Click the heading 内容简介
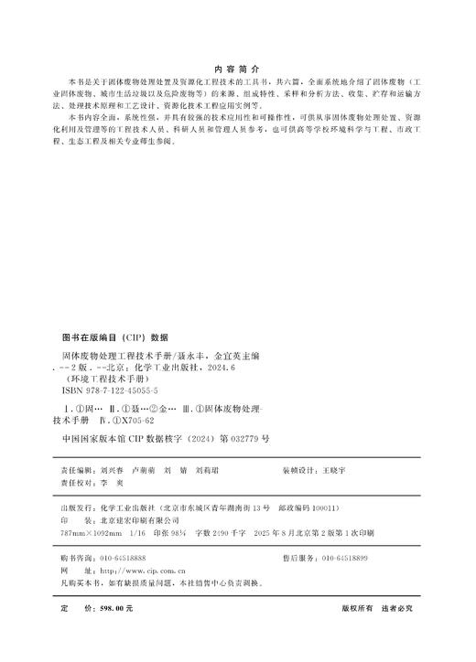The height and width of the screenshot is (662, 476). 237,69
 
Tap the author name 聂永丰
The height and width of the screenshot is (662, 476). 182,350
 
